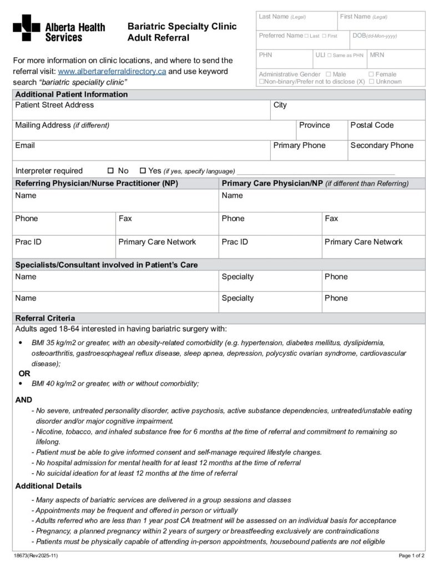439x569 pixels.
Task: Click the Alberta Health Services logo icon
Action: [26, 28]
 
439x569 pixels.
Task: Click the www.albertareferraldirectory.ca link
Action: [112, 72]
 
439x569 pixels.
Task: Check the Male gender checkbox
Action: [329, 74]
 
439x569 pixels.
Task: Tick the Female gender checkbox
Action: [371, 74]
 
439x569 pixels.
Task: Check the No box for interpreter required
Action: [110, 171]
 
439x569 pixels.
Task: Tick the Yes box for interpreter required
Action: [143, 171]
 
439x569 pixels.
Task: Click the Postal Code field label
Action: [372, 126]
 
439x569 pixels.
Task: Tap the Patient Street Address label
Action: [54, 105]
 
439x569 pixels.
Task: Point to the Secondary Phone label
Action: [382, 146]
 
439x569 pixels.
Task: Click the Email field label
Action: [25, 146]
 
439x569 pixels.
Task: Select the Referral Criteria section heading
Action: [45, 318]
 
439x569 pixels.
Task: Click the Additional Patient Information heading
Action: [71, 94]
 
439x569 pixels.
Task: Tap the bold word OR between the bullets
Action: [24, 373]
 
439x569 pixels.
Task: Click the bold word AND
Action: [23, 400]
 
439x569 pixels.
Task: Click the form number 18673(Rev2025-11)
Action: [36, 555]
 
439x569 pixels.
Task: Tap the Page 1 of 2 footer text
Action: [412, 555]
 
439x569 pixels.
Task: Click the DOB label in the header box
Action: [359, 36]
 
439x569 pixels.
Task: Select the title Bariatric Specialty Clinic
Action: [182, 27]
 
